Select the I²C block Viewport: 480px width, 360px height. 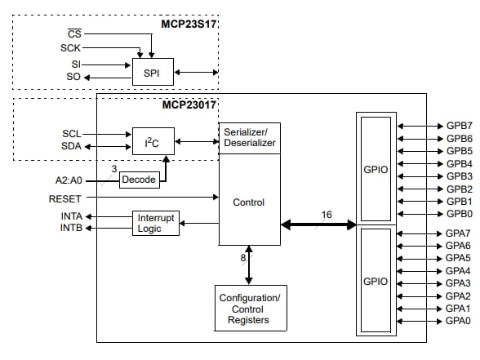pyautogui.click(x=153, y=142)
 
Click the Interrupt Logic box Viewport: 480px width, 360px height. pyautogui.click(x=155, y=223)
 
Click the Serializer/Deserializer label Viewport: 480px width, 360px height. pyautogui.click(x=249, y=136)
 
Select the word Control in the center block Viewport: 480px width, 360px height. pyautogui.click(x=249, y=202)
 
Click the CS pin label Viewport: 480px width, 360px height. pyautogui.click(x=75, y=33)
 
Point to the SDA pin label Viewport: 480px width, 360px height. pyautogui.click(x=72, y=147)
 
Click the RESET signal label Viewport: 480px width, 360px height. pyautogui.click(x=65, y=197)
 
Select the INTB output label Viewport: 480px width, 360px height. pyautogui.click(x=71, y=229)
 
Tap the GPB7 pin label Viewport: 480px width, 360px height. pyautogui.click(x=459, y=127)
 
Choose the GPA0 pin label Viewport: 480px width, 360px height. pyautogui.click(x=459, y=321)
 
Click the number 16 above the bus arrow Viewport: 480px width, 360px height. pyautogui.click(x=326, y=215)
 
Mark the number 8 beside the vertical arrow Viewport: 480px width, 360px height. pyautogui.click(x=242, y=259)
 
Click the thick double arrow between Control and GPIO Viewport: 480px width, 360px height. pyautogui.click(x=318, y=224)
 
